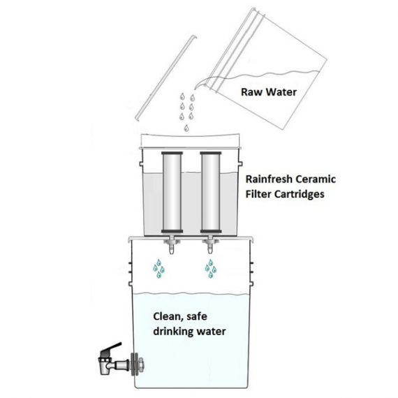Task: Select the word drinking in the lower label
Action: tap(175, 330)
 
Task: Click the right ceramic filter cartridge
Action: tap(210, 192)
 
